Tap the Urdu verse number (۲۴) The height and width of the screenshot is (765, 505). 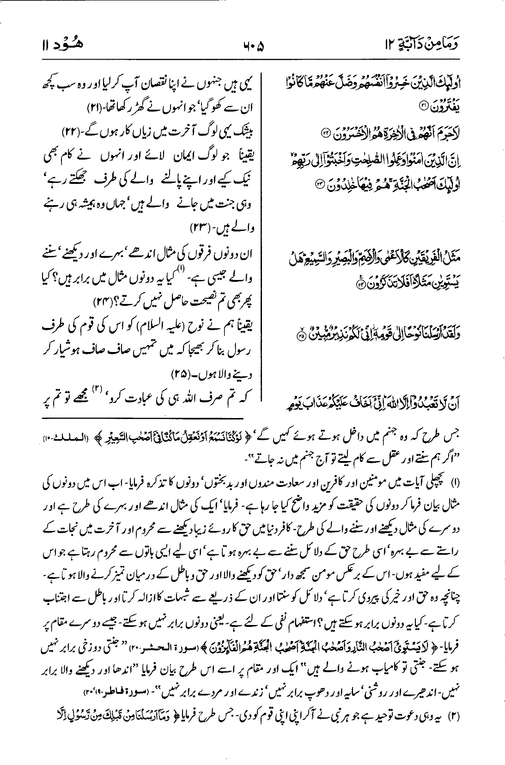click(94, 302)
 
